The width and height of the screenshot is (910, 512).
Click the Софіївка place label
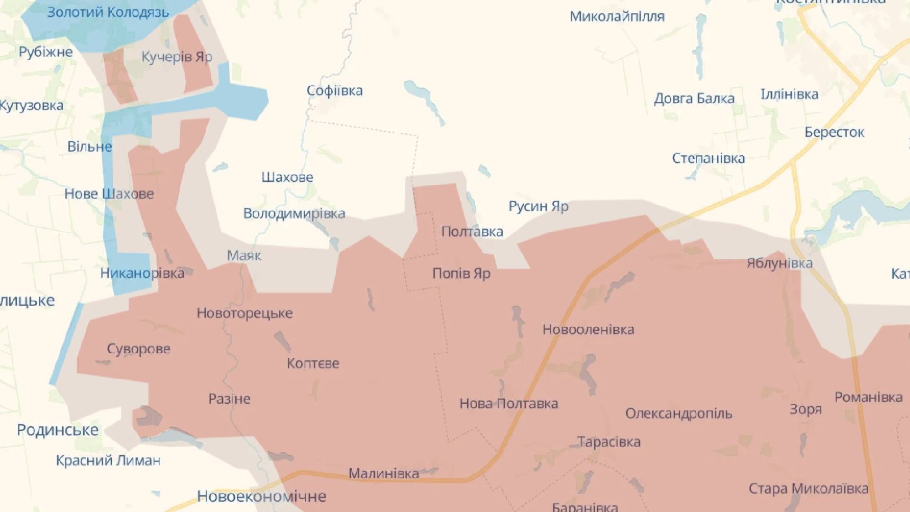pyautogui.click(x=335, y=91)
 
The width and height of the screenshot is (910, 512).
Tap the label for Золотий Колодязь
pyautogui.click(x=108, y=12)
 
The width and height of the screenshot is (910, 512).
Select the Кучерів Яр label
pyautogui.click(x=177, y=57)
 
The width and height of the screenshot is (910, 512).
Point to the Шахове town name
pyautogui.click(x=287, y=177)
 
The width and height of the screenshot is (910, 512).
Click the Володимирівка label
pyautogui.click(x=294, y=213)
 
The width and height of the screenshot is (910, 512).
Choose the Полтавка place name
pyautogui.click(x=472, y=231)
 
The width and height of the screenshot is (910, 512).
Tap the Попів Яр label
pyautogui.click(x=461, y=274)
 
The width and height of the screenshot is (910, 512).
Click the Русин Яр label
pyautogui.click(x=538, y=206)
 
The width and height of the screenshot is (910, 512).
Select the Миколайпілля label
pyautogui.click(x=617, y=17)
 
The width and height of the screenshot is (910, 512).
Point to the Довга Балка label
pyautogui.click(x=694, y=99)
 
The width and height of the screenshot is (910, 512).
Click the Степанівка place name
pyautogui.click(x=708, y=158)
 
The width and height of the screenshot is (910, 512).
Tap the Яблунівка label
pyautogui.click(x=779, y=263)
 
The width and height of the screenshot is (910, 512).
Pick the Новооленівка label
pyautogui.click(x=588, y=329)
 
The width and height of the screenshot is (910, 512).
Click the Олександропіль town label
pyautogui.click(x=679, y=413)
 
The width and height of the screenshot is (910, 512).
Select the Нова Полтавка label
pyautogui.click(x=509, y=403)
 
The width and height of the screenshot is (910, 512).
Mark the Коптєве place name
pyautogui.click(x=313, y=364)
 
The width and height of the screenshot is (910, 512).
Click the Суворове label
pyautogui.click(x=138, y=349)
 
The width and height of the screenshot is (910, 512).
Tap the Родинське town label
pyautogui.click(x=58, y=430)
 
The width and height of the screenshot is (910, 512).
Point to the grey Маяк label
pyautogui.click(x=244, y=256)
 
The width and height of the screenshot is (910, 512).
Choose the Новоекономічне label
pyautogui.click(x=261, y=496)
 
